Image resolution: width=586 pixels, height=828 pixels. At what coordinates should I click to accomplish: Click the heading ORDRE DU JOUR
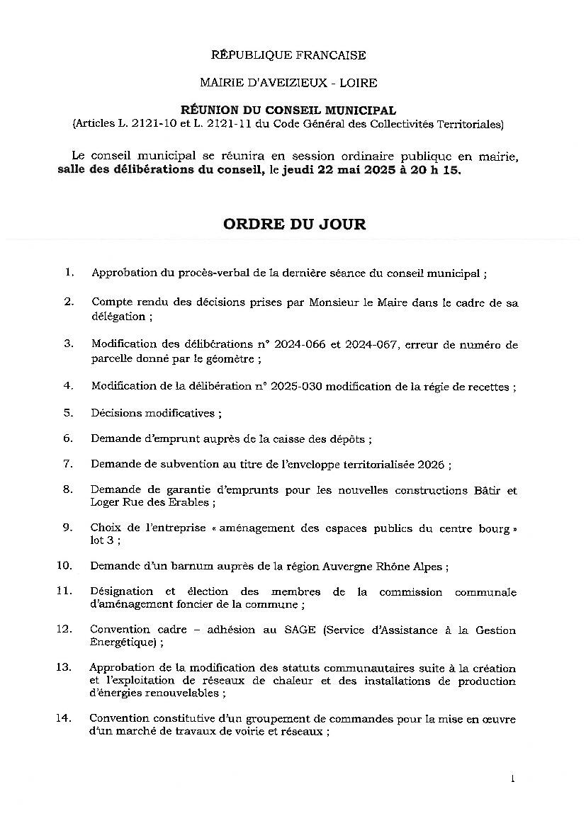294,225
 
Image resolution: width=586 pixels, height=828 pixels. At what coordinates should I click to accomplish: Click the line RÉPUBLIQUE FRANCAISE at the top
288,55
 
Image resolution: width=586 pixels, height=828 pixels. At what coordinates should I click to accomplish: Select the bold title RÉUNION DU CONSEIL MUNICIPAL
288,110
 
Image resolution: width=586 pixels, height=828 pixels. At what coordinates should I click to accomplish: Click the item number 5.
68,412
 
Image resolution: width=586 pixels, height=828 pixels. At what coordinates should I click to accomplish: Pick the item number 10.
65,566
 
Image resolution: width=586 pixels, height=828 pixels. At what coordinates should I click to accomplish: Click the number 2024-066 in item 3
300,345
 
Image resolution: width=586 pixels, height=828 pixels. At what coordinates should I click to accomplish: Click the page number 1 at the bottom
512,778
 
